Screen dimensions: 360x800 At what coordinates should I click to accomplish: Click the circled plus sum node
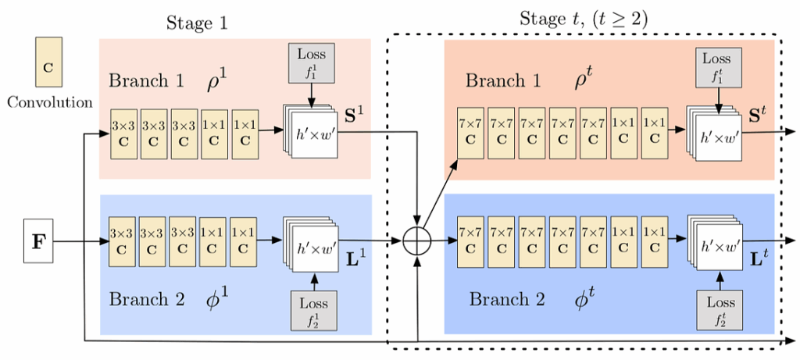coord(420,241)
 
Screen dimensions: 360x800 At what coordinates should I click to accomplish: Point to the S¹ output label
coord(356,118)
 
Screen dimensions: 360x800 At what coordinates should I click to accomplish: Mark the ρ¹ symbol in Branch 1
coord(216,80)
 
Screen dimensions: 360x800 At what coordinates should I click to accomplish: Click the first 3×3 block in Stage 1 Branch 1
coord(124,132)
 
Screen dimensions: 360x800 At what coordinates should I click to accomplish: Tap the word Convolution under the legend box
coord(49,102)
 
